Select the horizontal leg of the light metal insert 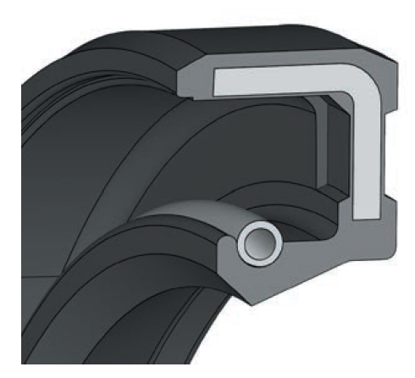279,82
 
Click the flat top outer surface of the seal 254,38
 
